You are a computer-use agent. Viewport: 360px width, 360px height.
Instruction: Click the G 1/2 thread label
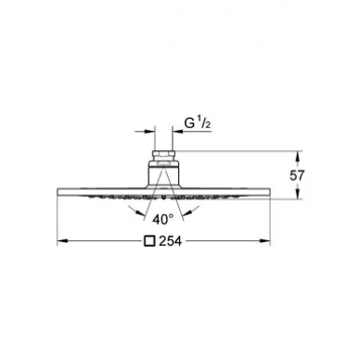click(x=198, y=123)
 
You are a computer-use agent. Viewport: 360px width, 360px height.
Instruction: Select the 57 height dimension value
click(x=297, y=175)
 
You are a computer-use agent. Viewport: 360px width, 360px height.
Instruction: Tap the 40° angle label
click(x=163, y=219)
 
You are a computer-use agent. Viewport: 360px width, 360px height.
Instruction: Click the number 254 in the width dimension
click(x=170, y=241)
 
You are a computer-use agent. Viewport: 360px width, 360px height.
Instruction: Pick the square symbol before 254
click(x=149, y=241)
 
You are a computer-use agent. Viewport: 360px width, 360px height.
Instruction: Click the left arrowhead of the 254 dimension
click(x=63, y=241)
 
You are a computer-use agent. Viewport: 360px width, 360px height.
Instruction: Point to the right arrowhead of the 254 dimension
click(x=265, y=241)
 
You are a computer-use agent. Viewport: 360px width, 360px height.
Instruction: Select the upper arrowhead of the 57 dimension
click(x=298, y=156)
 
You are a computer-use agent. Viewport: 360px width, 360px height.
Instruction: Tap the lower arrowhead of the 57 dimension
click(x=298, y=194)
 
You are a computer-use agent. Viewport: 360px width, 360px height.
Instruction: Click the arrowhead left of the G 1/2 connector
click(x=148, y=132)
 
